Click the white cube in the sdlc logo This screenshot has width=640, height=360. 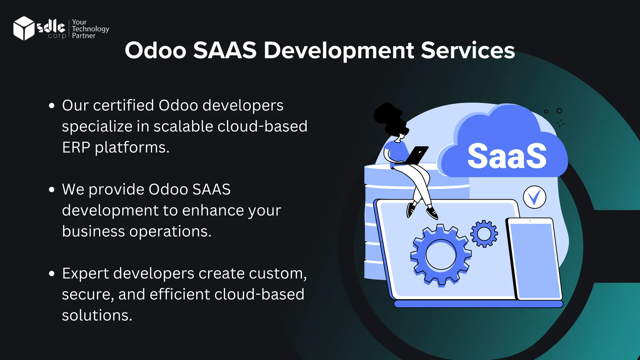[x=23, y=28]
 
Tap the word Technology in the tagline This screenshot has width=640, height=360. [x=90, y=29]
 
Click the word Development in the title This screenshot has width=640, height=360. [x=339, y=50]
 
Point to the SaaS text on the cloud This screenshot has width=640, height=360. [x=507, y=156]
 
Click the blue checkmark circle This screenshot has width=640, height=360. [x=534, y=197]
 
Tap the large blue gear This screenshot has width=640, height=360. [x=441, y=255]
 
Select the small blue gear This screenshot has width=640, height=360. [x=484, y=234]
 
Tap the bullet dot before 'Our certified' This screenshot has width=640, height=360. [x=52, y=106]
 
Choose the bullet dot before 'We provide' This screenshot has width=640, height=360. [x=52, y=190]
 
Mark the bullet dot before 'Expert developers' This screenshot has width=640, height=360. [x=52, y=274]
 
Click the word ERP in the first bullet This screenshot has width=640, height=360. [x=76, y=147]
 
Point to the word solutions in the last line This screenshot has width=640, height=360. [x=97, y=315]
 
